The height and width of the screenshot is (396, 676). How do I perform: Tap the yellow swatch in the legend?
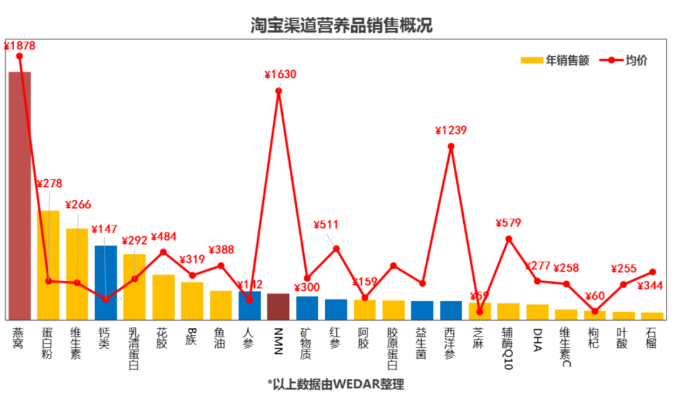click(531, 60)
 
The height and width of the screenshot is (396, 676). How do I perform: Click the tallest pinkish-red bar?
click(19, 195)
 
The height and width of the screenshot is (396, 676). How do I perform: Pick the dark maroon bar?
click(278, 306)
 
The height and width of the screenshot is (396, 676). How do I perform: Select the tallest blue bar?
click(106, 282)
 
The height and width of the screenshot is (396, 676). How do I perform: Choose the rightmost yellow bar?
click(652, 315)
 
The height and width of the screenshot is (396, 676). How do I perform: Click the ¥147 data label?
click(104, 229)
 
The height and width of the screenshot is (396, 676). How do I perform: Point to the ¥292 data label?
click(134, 241)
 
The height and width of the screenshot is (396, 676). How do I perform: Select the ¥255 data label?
click(623, 269)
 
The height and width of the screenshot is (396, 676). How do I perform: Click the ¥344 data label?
click(650, 286)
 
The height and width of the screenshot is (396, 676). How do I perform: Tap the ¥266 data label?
click(78, 204)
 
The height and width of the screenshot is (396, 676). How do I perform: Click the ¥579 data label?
click(508, 223)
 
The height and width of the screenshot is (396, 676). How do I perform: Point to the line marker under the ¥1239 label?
click(451, 146)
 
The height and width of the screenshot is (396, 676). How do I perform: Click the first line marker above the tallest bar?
click(19, 56)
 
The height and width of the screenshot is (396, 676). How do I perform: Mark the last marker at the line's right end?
click(652, 272)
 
